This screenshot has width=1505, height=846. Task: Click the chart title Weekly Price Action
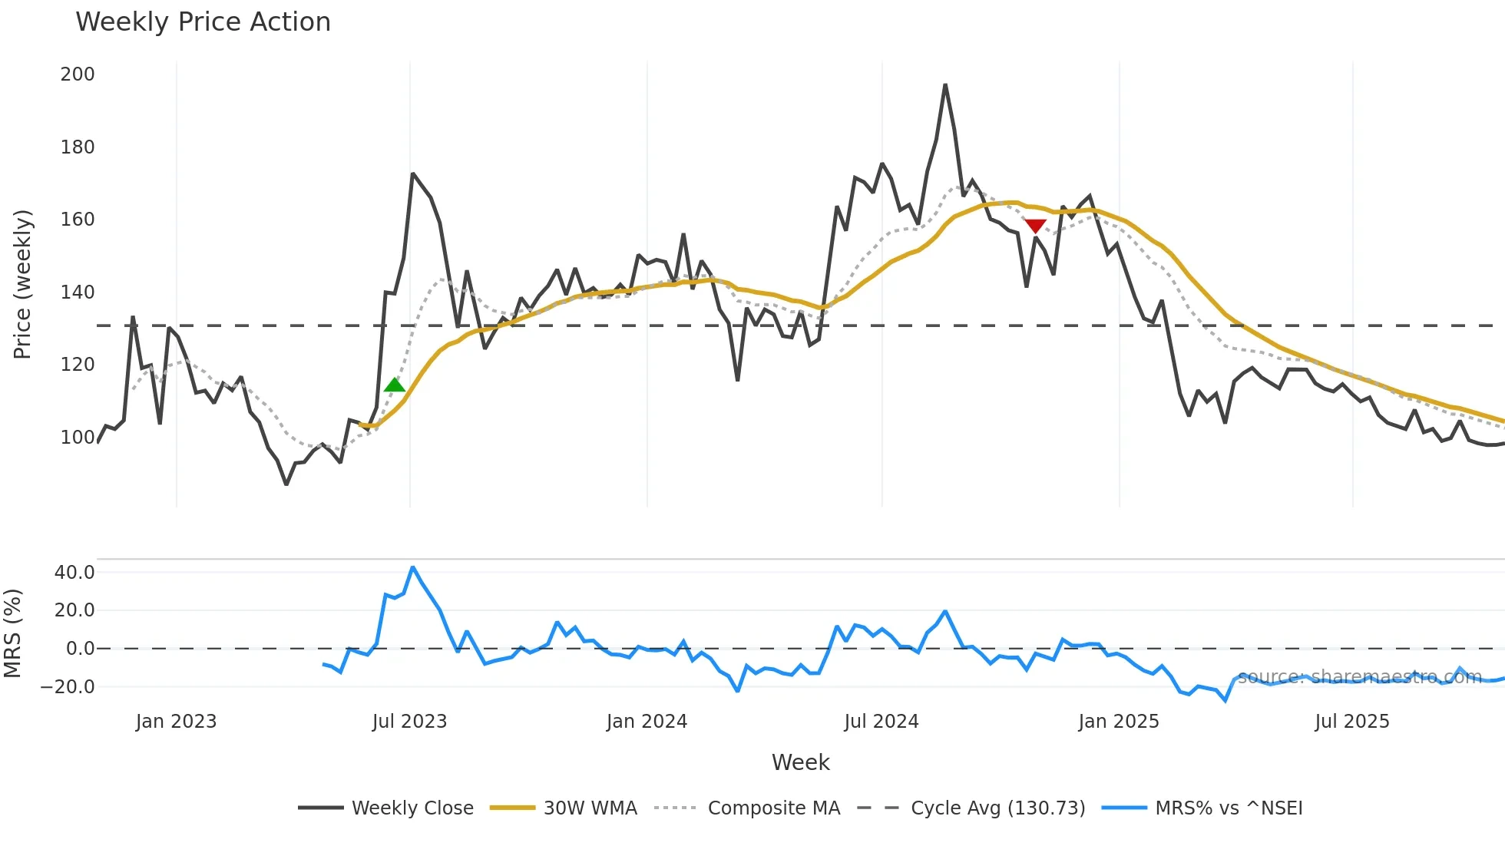tap(203, 22)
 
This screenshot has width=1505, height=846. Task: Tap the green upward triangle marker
tap(395, 385)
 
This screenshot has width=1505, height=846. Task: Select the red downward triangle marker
tap(1035, 226)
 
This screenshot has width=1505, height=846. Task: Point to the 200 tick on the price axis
tap(78, 74)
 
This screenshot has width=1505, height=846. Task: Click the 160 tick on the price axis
tap(78, 220)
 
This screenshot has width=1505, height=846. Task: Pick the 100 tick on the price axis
tap(78, 438)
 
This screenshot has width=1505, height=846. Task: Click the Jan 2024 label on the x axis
tap(647, 722)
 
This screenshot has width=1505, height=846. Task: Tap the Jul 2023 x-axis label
tap(409, 722)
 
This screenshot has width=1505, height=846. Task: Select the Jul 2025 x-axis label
tap(1352, 722)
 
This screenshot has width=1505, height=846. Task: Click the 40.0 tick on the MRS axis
tap(74, 573)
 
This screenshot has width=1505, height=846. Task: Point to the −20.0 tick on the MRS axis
tap(68, 687)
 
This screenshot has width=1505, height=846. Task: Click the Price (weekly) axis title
tap(23, 284)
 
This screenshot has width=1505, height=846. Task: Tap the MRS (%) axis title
tap(12, 633)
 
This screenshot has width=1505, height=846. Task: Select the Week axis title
tap(800, 762)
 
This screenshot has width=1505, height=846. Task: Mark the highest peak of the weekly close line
tap(945, 85)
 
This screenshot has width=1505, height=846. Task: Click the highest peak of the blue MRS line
tap(413, 567)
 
